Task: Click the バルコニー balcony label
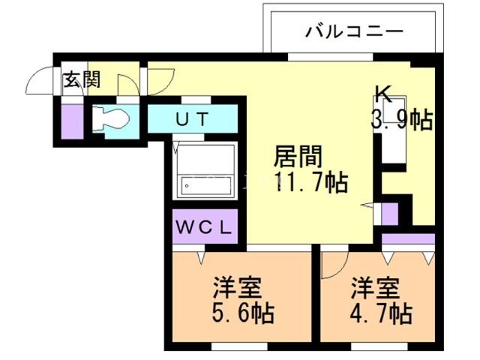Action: click(355, 32)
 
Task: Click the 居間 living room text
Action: click(298, 158)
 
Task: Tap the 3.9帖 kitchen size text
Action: click(403, 120)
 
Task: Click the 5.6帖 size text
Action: click(242, 312)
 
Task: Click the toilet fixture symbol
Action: click(110, 118)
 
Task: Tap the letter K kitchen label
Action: click(383, 93)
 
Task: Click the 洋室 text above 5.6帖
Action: click(238, 288)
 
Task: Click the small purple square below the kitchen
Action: click(390, 214)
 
